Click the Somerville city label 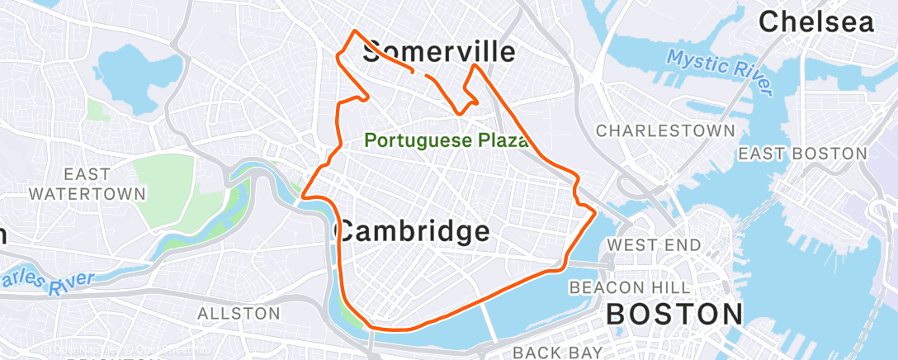(x=439, y=51)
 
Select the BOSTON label (x=675, y=314)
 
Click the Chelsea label (x=816, y=22)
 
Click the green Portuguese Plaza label (x=447, y=140)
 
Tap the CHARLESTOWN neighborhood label (x=665, y=130)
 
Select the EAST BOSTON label (x=802, y=154)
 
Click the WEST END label (x=654, y=244)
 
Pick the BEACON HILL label (x=630, y=287)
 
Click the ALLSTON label (x=239, y=313)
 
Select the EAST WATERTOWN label (x=87, y=183)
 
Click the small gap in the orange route (x=420, y=74)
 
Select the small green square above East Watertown (x=97, y=110)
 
